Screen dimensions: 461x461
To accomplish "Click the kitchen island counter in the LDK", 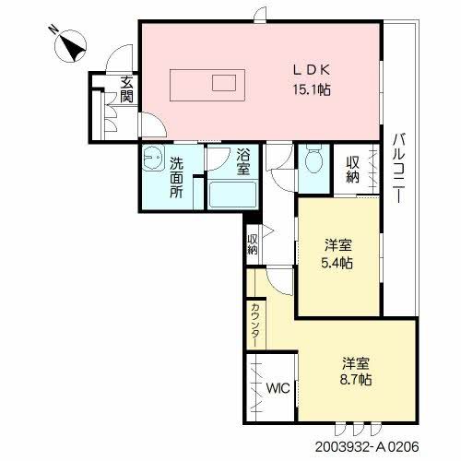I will point(207,82).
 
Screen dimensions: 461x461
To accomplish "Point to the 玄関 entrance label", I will point(126,89).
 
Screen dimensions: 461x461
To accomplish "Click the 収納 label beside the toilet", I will point(353,170).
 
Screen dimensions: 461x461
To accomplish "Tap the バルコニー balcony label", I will point(398,171).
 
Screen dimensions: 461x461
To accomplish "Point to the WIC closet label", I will point(278,387).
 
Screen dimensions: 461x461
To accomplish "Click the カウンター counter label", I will point(254,323).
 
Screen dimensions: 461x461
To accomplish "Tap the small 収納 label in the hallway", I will point(253,243).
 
